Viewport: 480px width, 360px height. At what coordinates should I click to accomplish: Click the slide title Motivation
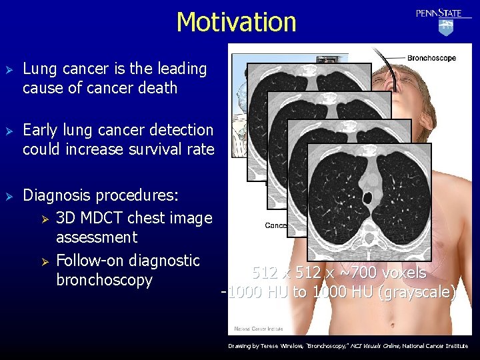pyautogui.click(x=236, y=22)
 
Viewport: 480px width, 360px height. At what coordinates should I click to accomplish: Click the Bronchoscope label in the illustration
pyautogui.click(x=431, y=58)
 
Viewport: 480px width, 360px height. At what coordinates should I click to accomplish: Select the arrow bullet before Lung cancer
pyautogui.click(x=9, y=69)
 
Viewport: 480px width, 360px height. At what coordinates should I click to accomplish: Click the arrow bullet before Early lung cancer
pyautogui.click(x=9, y=131)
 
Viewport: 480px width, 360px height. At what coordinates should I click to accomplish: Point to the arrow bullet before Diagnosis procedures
pyautogui.click(x=9, y=196)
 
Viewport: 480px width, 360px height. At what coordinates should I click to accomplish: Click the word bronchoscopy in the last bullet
pyautogui.click(x=104, y=280)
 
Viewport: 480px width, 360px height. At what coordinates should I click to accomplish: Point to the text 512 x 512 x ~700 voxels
pyautogui.click(x=339, y=273)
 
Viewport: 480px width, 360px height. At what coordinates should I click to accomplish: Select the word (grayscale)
pyautogui.click(x=417, y=292)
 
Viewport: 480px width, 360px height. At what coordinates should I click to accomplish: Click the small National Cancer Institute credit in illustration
pyautogui.click(x=257, y=329)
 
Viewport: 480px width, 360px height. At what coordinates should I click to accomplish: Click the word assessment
pyautogui.click(x=97, y=237)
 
